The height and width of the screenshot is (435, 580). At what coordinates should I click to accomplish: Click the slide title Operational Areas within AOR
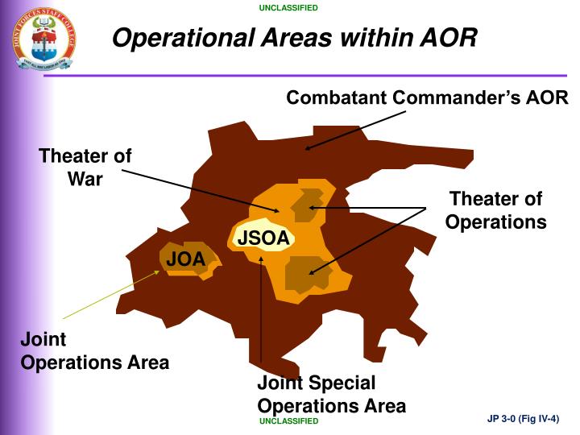click(294, 37)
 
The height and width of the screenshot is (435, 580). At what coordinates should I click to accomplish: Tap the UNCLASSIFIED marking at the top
click(288, 8)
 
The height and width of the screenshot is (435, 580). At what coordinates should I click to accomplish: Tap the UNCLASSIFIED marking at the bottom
click(288, 421)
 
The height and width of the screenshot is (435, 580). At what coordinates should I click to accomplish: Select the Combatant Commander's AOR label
click(428, 97)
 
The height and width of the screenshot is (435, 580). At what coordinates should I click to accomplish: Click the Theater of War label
click(85, 168)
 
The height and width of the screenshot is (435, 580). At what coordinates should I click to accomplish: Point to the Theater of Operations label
click(495, 210)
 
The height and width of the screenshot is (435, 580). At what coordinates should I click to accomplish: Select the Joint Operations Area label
click(94, 351)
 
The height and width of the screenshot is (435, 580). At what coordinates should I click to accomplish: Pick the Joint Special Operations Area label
click(331, 394)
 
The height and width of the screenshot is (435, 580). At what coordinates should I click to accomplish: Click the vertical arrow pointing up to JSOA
click(261, 314)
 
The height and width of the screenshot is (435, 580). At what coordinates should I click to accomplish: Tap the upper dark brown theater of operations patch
click(306, 205)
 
